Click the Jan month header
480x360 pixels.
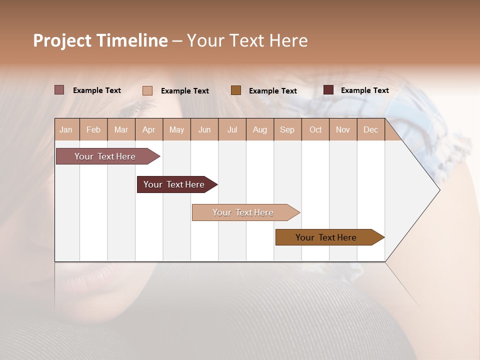(66, 129)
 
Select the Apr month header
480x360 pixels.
(149, 129)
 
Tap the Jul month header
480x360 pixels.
(232, 129)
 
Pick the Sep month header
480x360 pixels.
(287, 129)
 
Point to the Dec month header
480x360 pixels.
(370, 129)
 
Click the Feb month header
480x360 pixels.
(93, 129)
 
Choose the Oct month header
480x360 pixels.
(315, 129)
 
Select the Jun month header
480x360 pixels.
(204, 129)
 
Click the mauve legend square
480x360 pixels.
(59, 90)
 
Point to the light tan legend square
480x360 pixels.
(147, 90)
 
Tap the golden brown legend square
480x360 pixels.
(236, 90)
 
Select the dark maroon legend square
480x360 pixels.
(328, 90)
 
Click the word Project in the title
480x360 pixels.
(62, 40)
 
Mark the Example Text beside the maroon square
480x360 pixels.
(364, 90)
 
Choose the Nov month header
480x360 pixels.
(343, 129)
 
